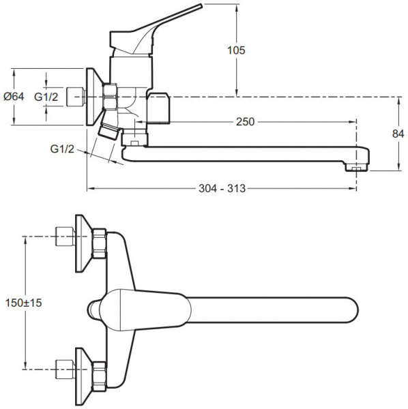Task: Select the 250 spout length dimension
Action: (x=245, y=122)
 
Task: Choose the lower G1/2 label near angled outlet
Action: (x=63, y=148)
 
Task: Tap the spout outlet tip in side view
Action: (x=355, y=166)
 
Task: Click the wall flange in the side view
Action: (x=89, y=96)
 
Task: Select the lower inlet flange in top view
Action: (x=83, y=369)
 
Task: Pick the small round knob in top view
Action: (x=96, y=308)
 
